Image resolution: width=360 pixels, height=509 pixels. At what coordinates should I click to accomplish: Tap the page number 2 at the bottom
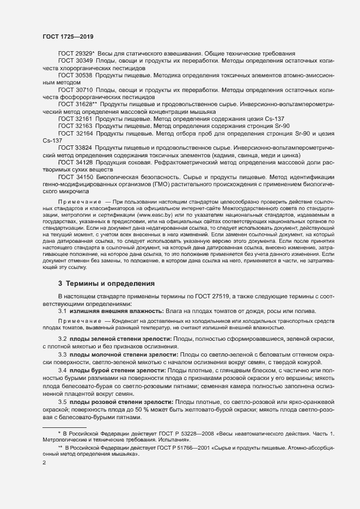coord(44,463)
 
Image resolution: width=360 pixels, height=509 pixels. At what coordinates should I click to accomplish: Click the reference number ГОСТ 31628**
coord(77,103)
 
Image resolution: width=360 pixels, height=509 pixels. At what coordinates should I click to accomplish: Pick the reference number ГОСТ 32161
coord(76,118)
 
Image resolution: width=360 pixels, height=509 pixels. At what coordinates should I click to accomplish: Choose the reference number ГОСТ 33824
coord(76,148)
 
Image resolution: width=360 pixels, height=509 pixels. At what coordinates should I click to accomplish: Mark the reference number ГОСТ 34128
coord(76,162)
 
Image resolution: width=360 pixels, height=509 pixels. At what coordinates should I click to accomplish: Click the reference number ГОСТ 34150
coord(76,177)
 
